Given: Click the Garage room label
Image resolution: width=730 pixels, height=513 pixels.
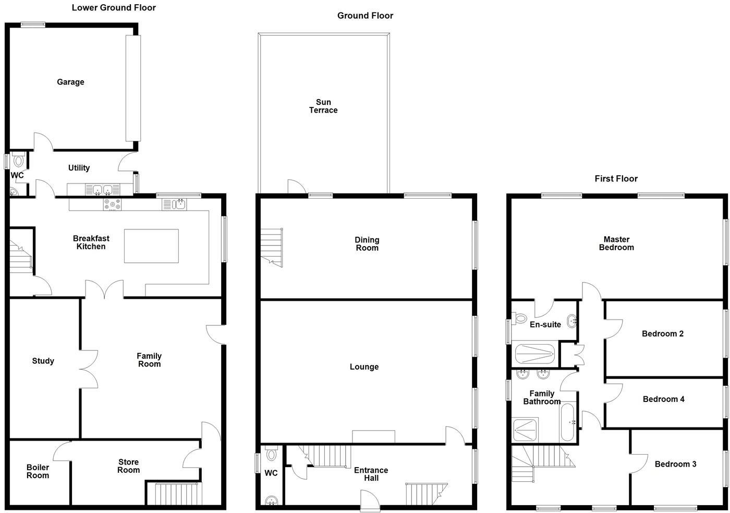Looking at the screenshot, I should [x=70, y=82].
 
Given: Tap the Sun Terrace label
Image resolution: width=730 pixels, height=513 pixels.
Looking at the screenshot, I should [x=323, y=106].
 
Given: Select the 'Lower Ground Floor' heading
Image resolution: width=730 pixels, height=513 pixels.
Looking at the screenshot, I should [x=114, y=7].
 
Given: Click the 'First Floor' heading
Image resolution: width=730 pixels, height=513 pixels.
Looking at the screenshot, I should [x=616, y=178].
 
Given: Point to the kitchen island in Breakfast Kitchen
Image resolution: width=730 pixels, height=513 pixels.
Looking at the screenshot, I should [x=151, y=246].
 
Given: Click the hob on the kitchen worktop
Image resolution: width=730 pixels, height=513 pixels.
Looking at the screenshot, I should [x=112, y=204].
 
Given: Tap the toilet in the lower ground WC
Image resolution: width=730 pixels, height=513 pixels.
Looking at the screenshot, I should [x=19, y=160].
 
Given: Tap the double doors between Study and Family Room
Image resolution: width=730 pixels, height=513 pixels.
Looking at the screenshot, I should [x=89, y=368].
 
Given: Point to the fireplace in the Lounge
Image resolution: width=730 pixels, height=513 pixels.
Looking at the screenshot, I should [x=373, y=436].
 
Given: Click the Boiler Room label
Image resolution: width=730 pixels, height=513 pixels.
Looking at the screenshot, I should [x=38, y=471].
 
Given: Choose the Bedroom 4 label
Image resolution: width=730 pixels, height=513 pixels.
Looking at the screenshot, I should [x=663, y=399].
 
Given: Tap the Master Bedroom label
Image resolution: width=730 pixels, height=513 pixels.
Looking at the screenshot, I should [x=616, y=243].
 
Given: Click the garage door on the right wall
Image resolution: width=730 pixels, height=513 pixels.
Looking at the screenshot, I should [x=133, y=88].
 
